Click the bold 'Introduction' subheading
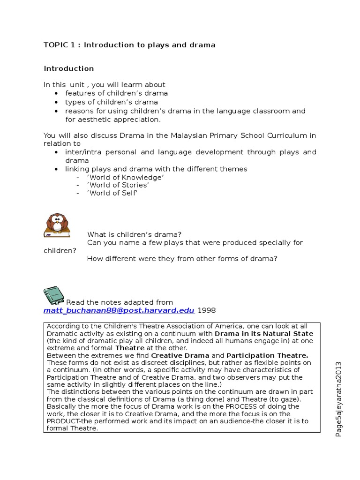tap(69, 68)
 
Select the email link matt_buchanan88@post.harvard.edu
tap(119, 311)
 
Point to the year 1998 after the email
tap(207, 311)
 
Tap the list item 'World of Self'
tap(112, 193)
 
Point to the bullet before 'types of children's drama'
tap(56, 102)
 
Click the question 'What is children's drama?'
tap(134, 234)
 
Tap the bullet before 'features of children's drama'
tap(56, 93)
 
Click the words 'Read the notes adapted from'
tap(120, 302)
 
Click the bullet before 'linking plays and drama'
tap(56, 169)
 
